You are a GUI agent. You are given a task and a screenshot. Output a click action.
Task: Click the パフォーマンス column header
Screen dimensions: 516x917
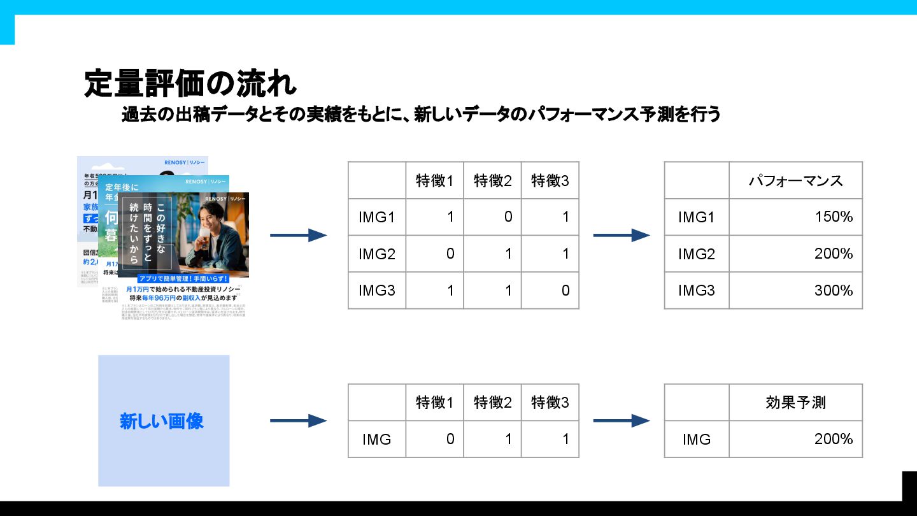click(x=795, y=180)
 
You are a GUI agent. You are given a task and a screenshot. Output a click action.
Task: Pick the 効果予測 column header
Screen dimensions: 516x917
click(x=795, y=403)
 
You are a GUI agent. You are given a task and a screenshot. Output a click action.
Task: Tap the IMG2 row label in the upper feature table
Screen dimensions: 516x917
click(x=377, y=254)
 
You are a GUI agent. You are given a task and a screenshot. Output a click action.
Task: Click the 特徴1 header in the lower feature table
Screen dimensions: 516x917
click(x=435, y=403)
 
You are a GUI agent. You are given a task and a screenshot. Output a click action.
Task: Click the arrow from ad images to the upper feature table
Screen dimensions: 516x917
click(x=298, y=236)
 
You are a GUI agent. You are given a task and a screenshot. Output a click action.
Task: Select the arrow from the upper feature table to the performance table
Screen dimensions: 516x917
click(x=621, y=236)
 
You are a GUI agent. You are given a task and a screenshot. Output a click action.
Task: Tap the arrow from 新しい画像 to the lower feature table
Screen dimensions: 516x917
click(x=298, y=420)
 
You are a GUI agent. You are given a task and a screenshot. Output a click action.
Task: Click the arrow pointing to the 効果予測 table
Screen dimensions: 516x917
click(x=621, y=420)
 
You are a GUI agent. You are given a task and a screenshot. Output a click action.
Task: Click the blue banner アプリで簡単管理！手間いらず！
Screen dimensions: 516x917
click(x=183, y=279)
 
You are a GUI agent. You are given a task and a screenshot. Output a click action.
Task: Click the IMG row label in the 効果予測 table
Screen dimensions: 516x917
click(x=696, y=439)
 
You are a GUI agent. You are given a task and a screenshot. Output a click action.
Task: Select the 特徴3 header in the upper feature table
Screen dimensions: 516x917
click(x=550, y=180)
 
